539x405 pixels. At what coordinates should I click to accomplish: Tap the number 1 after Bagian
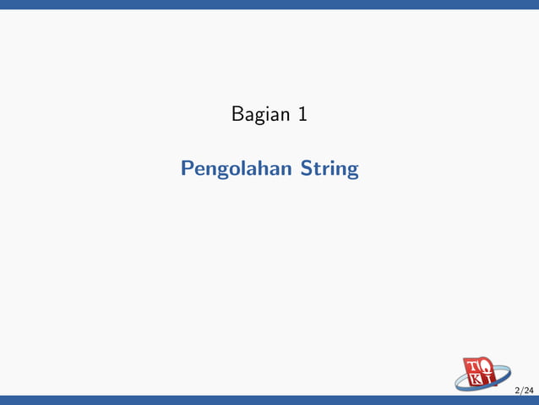click(302, 113)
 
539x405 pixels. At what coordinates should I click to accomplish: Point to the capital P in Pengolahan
click(187, 168)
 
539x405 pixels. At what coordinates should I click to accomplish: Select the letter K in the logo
click(476, 380)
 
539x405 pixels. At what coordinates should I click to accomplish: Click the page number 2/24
click(524, 390)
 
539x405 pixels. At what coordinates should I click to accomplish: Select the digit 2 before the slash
click(517, 390)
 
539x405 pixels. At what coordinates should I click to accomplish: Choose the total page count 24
click(528, 390)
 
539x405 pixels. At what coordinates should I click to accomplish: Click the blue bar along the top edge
click(269, 4)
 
